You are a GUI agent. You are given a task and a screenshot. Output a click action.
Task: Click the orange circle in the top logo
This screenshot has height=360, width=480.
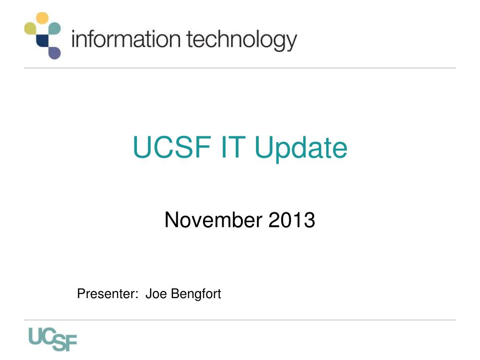(x=42, y=18)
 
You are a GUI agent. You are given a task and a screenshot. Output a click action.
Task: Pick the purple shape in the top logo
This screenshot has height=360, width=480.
(x=54, y=52)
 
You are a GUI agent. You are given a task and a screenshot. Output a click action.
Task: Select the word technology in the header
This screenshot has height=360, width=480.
(x=241, y=41)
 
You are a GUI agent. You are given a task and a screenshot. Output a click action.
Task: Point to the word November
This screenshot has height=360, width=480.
(x=214, y=220)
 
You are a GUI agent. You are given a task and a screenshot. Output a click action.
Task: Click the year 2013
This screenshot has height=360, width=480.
(x=292, y=220)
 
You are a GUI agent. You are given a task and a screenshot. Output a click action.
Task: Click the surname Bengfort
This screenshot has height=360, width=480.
(x=195, y=294)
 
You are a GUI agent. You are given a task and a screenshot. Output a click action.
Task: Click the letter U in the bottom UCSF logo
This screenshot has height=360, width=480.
(x=37, y=336)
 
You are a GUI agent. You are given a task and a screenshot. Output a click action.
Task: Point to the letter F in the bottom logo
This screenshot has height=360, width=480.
(x=70, y=344)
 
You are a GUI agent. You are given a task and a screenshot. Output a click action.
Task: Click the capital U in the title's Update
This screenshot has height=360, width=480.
(x=262, y=147)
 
